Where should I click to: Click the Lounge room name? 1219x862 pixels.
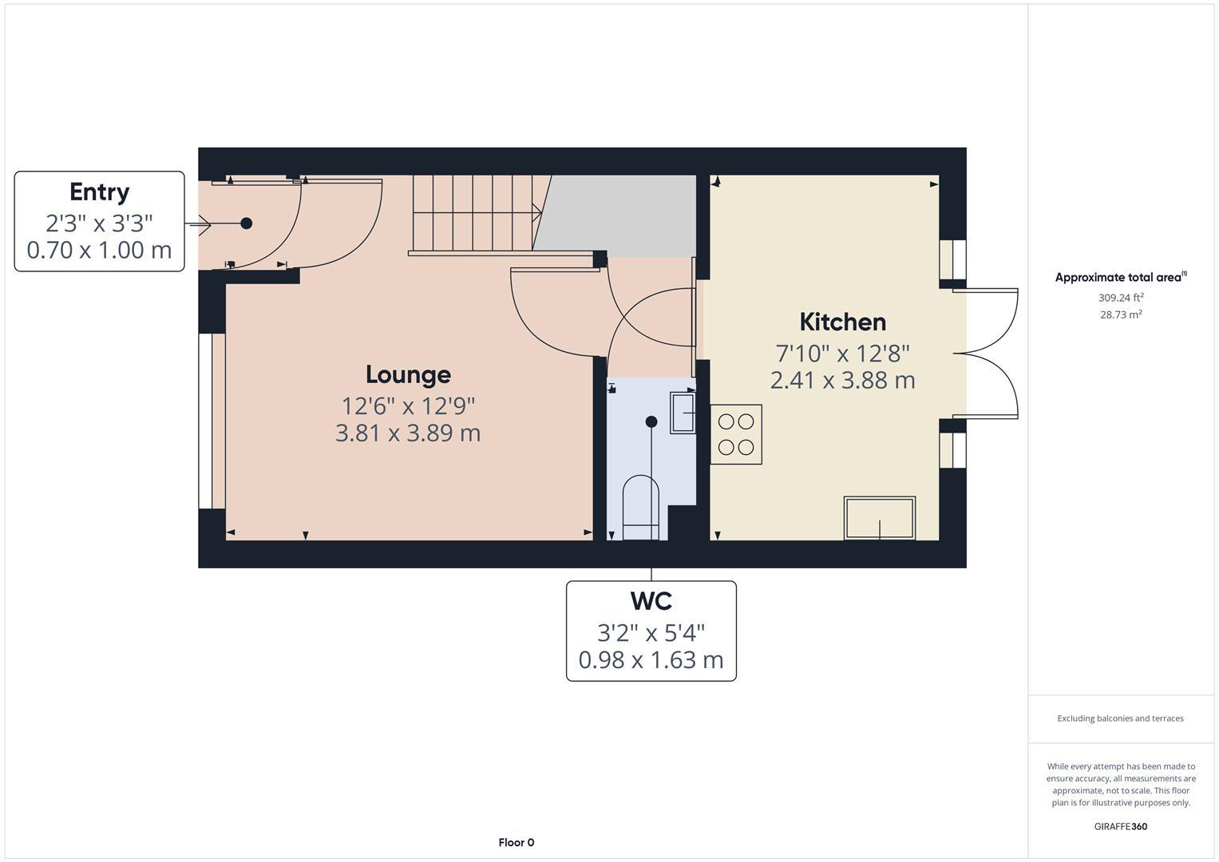408,374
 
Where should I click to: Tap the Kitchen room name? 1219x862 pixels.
842,322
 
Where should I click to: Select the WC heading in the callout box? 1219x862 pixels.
651,600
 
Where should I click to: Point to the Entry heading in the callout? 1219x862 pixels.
99,192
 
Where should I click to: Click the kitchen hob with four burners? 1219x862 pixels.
736,434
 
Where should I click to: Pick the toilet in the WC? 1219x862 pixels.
641,508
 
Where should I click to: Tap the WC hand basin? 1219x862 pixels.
682,412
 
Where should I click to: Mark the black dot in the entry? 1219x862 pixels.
247,223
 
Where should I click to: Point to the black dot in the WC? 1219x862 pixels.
651,421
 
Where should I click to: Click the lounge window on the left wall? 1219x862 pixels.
206,421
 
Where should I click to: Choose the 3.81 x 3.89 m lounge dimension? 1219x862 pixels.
408,433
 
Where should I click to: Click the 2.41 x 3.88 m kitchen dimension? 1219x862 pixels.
842,380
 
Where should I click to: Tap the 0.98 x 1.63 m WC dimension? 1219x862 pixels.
651,660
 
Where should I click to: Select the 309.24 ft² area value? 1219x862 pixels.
1121,298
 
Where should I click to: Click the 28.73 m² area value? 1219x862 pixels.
1121,314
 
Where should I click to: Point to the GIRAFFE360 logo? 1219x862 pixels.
1121,826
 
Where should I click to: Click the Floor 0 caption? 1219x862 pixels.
516,842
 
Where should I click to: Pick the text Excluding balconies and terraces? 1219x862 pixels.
1121,718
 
